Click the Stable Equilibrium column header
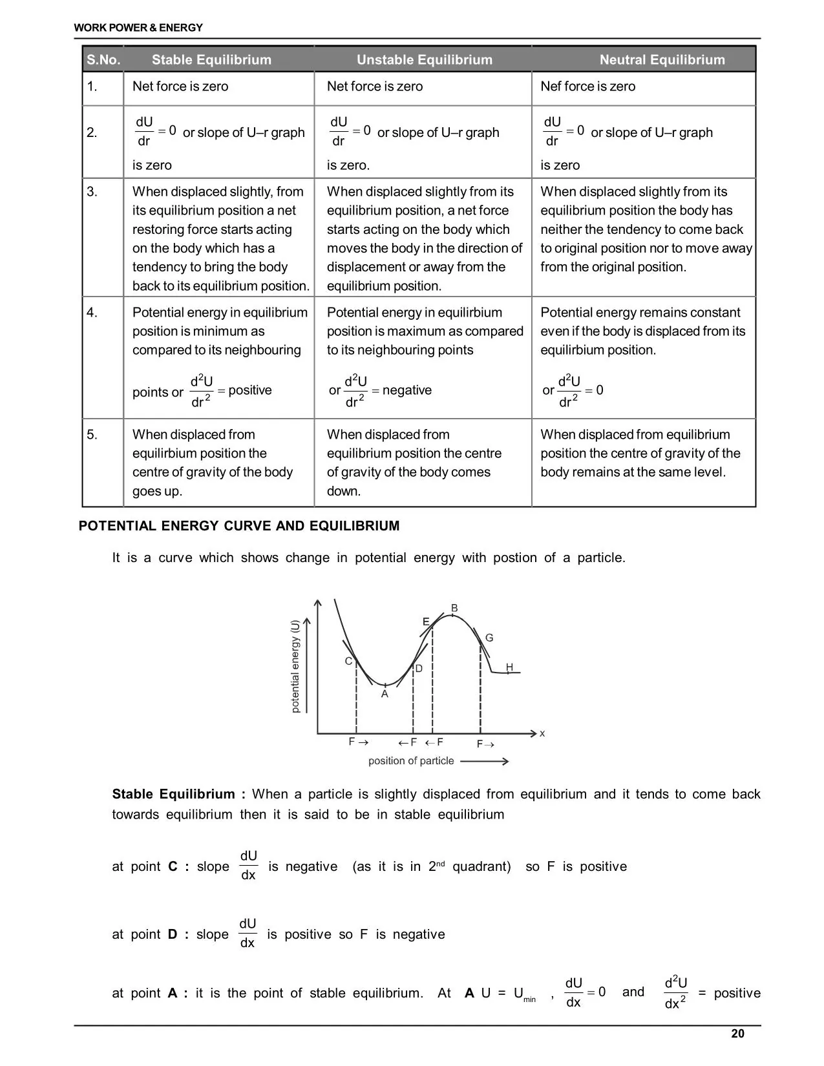click(211, 60)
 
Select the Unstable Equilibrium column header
click(425, 60)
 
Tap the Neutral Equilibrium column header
click(662, 60)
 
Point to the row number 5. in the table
click(92, 435)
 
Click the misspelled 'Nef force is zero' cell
click(587, 87)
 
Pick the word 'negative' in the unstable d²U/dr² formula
click(407, 390)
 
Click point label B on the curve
click(454, 609)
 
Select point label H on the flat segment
click(509, 667)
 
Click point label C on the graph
click(348, 662)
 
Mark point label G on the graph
click(489, 638)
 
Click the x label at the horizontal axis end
click(542, 734)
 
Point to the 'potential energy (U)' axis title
click(295, 667)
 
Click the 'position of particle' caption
click(411, 761)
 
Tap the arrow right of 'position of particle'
click(485, 762)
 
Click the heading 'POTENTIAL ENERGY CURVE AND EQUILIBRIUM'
click(239, 526)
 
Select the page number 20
click(737, 1034)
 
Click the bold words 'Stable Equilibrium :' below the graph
click(178, 795)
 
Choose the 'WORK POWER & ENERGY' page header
click(138, 28)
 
